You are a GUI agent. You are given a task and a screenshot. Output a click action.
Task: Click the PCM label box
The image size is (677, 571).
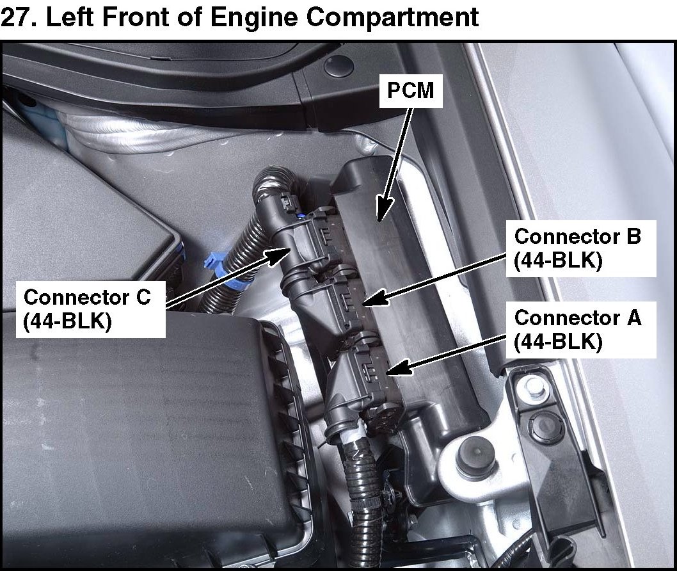[411, 91]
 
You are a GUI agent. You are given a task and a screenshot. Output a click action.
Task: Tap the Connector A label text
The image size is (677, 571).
[577, 318]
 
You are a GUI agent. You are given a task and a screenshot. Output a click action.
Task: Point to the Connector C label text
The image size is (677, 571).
[86, 297]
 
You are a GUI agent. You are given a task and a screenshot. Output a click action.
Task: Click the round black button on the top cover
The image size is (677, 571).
[338, 65]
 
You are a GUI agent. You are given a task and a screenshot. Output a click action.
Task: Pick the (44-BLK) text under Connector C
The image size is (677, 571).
[68, 321]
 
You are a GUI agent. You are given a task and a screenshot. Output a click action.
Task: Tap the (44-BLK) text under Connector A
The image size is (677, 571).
[559, 342]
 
